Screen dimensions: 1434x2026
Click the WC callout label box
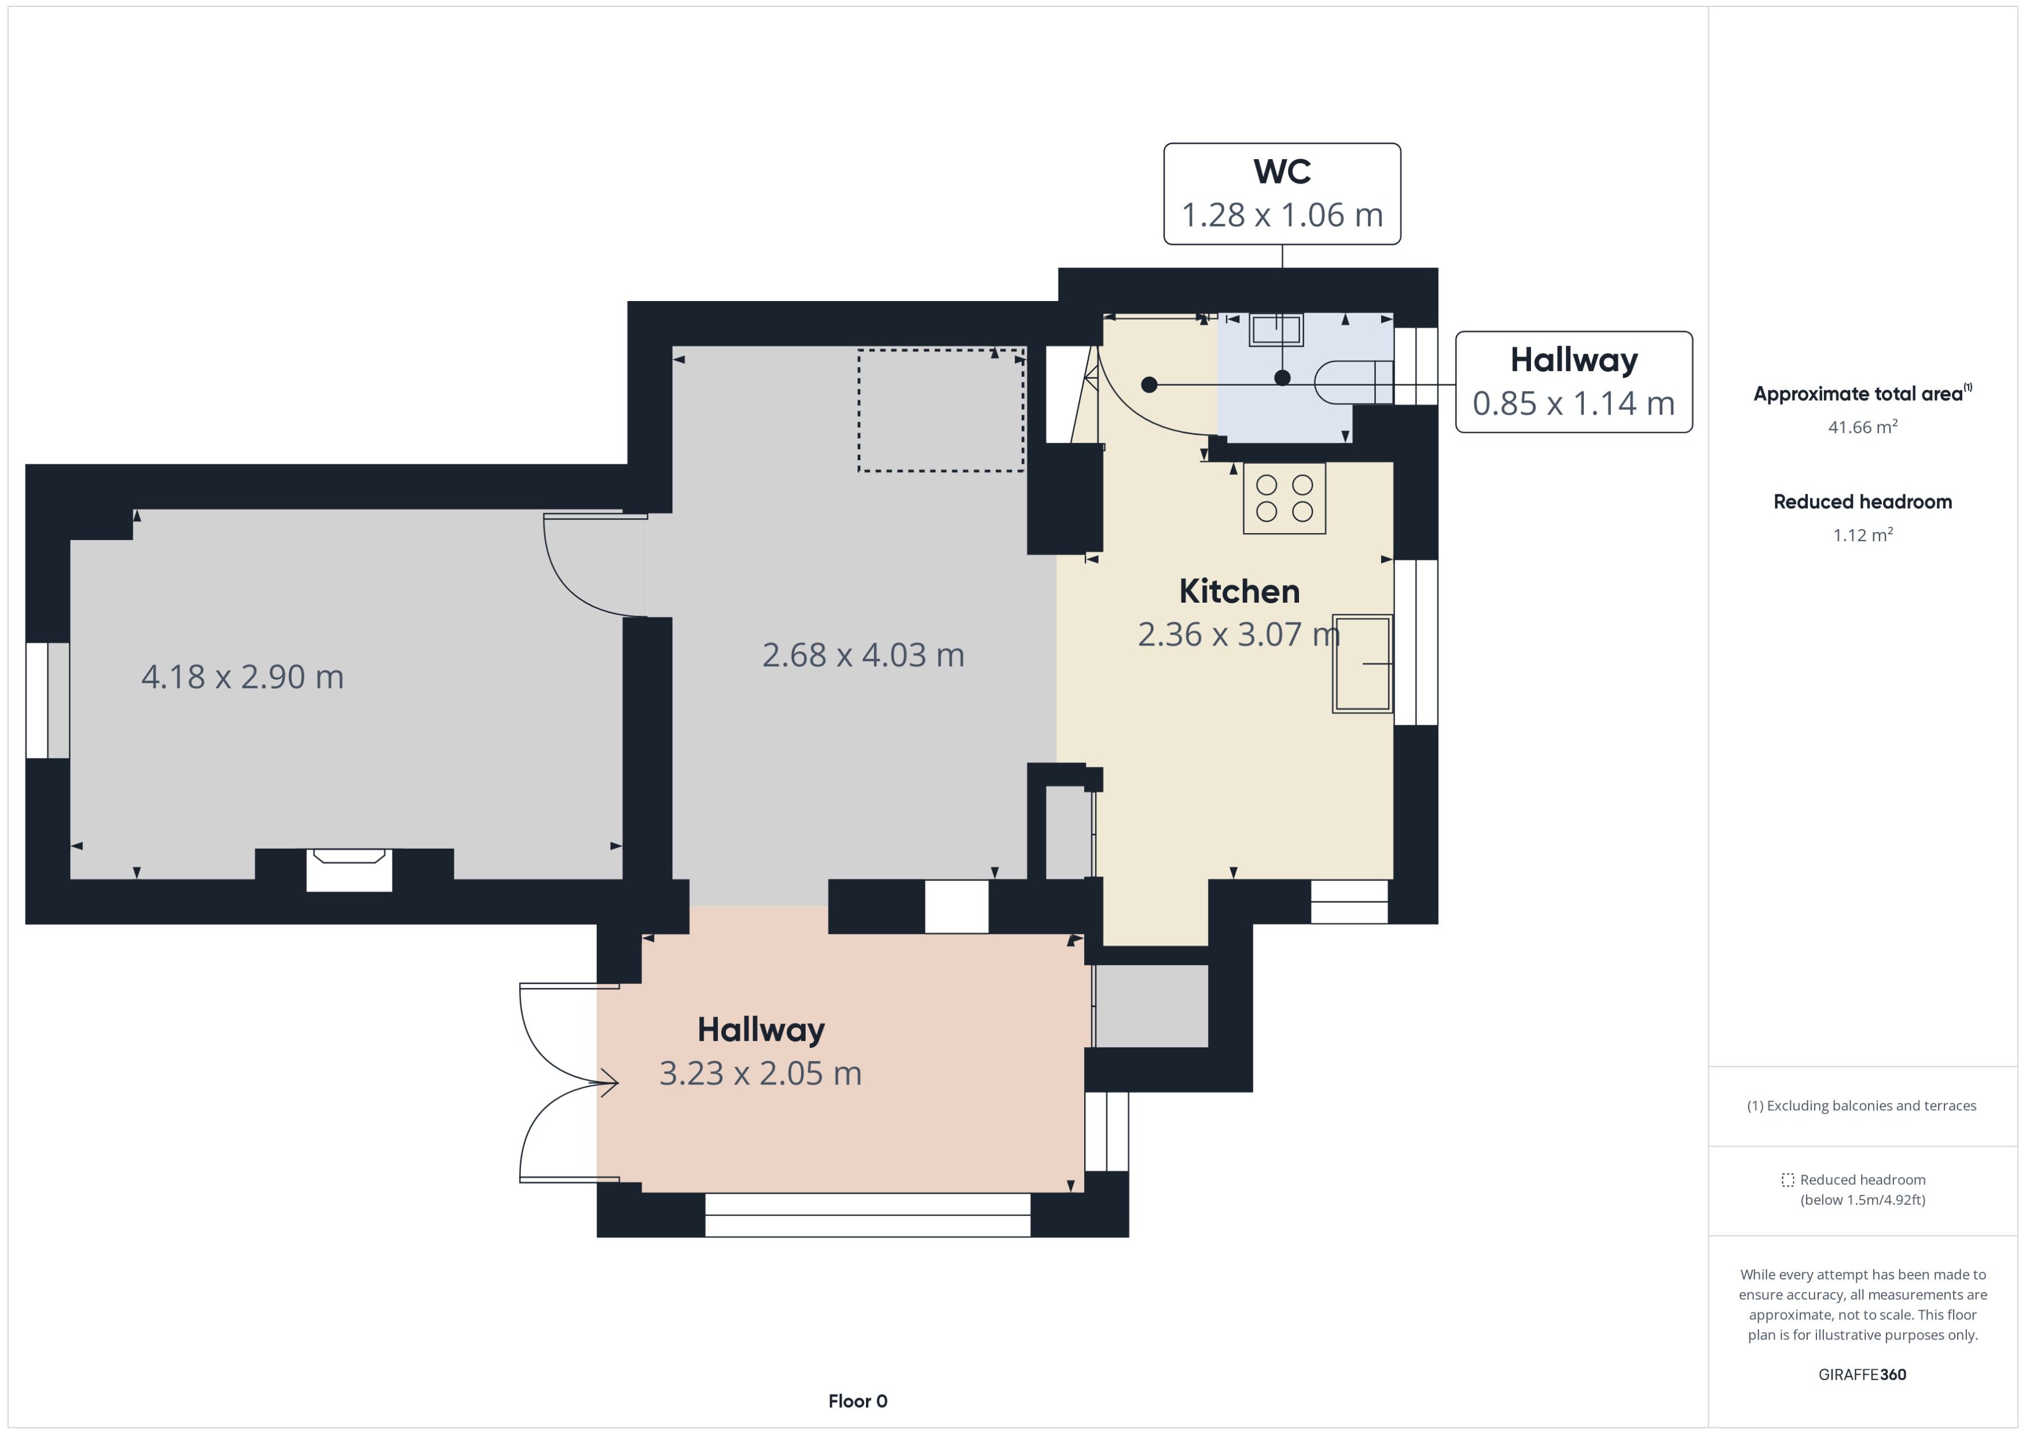pos(1282,193)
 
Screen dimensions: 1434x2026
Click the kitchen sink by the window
pos(1362,663)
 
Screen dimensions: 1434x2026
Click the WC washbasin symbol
pos(1276,330)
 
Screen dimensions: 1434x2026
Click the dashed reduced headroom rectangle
pos(940,410)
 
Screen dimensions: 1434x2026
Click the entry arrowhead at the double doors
pos(609,1083)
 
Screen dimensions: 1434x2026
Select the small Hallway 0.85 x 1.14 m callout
pos(1573,382)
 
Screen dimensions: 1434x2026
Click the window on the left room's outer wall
pos(47,701)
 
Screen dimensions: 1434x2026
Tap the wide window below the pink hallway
pos(867,1215)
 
